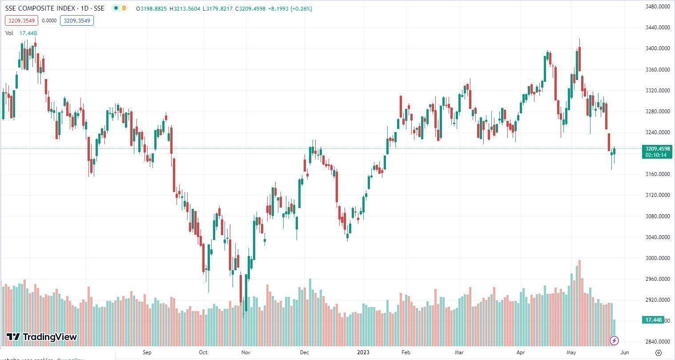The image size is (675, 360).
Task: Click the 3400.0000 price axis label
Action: [657, 48]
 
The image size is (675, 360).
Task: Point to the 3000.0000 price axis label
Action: [657, 258]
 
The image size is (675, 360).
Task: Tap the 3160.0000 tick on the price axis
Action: [657, 174]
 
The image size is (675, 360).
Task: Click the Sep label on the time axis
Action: [147, 352]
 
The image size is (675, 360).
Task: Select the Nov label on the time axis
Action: [245, 352]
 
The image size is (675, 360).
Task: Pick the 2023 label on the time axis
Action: [363, 352]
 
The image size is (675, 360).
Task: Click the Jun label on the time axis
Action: [624, 352]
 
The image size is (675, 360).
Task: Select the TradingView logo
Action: [42, 337]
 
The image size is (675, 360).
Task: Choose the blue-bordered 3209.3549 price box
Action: [77, 20]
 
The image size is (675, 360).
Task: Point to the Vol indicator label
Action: [9, 33]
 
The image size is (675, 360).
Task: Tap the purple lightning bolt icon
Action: [614, 341]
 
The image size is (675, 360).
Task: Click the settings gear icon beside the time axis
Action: [658, 352]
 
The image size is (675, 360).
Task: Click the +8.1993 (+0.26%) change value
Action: [290, 8]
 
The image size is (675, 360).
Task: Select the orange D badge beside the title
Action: [124, 8]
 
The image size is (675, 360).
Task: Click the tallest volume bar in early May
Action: [579, 302]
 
